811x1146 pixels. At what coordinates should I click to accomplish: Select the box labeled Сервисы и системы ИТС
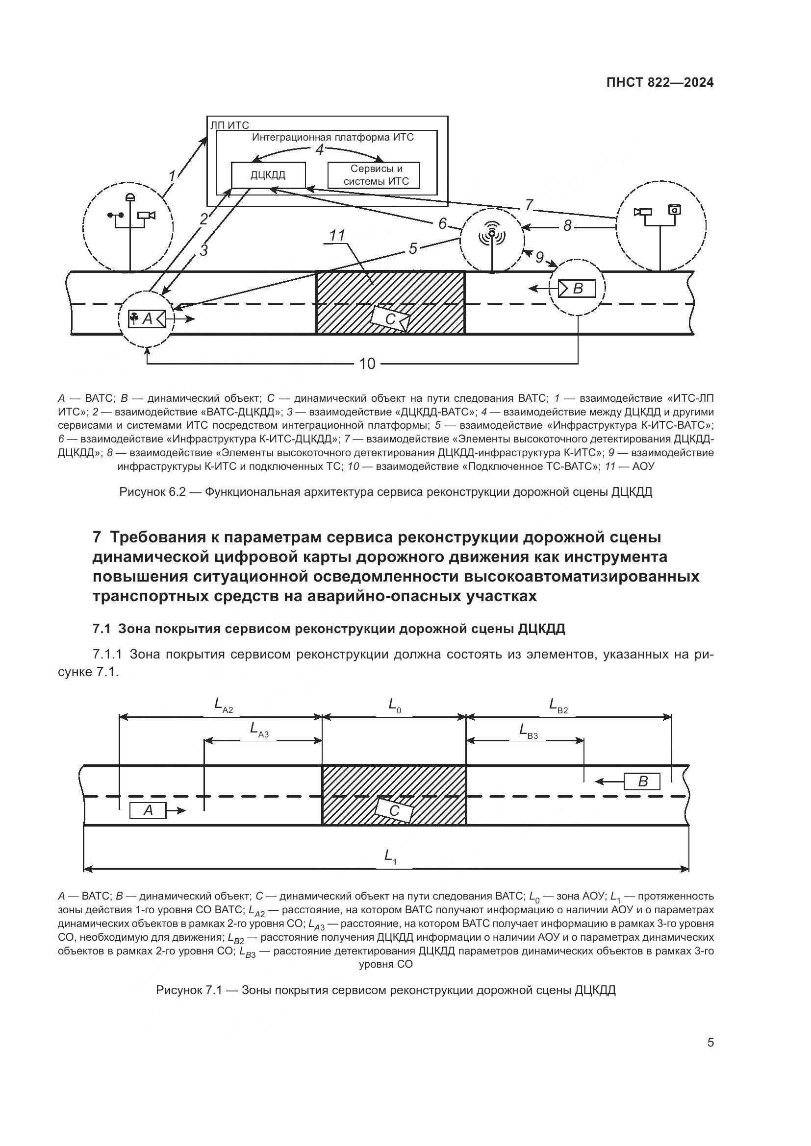[x=373, y=175]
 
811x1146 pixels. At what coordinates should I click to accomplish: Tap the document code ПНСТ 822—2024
[x=659, y=83]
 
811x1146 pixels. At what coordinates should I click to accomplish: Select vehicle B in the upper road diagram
[x=577, y=288]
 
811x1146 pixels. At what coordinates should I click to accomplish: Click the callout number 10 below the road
[x=367, y=364]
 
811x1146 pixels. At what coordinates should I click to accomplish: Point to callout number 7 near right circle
[x=530, y=205]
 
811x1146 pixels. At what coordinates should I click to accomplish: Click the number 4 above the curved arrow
[x=320, y=149]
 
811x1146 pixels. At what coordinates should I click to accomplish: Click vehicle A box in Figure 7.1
[x=148, y=810]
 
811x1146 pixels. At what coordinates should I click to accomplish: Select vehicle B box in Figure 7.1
[x=642, y=781]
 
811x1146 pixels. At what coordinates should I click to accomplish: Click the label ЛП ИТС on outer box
[x=229, y=125]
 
